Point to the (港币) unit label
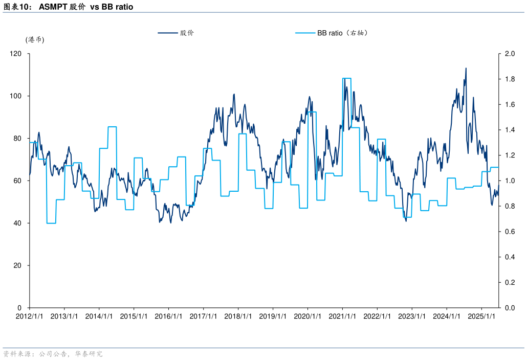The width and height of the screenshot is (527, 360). click(x=35, y=40)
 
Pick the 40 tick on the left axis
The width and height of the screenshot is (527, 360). click(x=18, y=223)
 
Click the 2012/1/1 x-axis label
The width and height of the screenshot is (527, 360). click(x=29, y=316)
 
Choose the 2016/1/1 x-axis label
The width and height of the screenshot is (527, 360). click(x=168, y=316)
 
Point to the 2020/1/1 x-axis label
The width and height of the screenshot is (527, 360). click(x=308, y=316)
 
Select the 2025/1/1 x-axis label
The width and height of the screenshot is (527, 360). click(x=481, y=316)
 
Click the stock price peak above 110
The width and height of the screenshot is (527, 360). click(x=466, y=69)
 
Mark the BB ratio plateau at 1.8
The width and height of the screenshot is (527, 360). click(x=347, y=78)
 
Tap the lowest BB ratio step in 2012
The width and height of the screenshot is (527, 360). click(x=51, y=223)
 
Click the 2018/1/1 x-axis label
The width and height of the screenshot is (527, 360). click(x=238, y=316)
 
